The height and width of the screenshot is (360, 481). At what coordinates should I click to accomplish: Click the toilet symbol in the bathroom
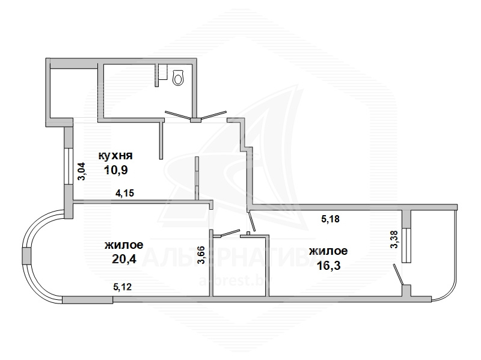pyautogui.click(x=178, y=78)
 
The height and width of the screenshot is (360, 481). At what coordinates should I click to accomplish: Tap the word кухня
pyautogui.click(x=115, y=156)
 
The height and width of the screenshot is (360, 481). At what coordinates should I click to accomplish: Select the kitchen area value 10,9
pyautogui.click(x=115, y=169)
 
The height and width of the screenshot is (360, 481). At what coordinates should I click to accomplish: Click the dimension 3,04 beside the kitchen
pyautogui.click(x=82, y=171)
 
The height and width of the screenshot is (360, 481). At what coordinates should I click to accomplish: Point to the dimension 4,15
pyautogui.click(x=124, y=193)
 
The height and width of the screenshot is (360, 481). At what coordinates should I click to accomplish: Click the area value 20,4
pyautogui.click(x=124, y=260)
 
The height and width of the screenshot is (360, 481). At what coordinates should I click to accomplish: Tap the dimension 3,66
pyautogui.click(x=201, y=255)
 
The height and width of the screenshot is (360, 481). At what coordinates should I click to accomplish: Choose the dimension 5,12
pyautogui.click(x=123, y=287)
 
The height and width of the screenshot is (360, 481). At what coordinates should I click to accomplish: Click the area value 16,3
pyautogui.click(x=328, y=266)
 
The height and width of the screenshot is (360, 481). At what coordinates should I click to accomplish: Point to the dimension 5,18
pyautogui.click(x=330, y=219)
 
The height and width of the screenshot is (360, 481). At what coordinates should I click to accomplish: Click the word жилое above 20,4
pyautogui.click(x=124, y=245)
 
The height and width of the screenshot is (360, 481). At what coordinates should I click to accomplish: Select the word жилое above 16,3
pyautogui.click(x=328, y=251)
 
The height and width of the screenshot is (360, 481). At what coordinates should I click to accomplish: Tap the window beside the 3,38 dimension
pyautogui.click(x=407, y=245)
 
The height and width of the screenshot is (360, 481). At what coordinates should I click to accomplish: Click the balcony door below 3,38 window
pyautogui.click(x=398, y=274)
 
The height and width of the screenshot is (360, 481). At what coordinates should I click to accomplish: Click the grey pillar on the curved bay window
pyautogui.click(x=26, y=256)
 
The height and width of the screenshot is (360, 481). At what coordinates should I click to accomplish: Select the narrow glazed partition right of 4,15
pyautogui.click(x=197, y=178)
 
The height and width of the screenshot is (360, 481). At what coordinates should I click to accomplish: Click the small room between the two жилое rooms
pyautogui.click(x=239, y=266)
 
